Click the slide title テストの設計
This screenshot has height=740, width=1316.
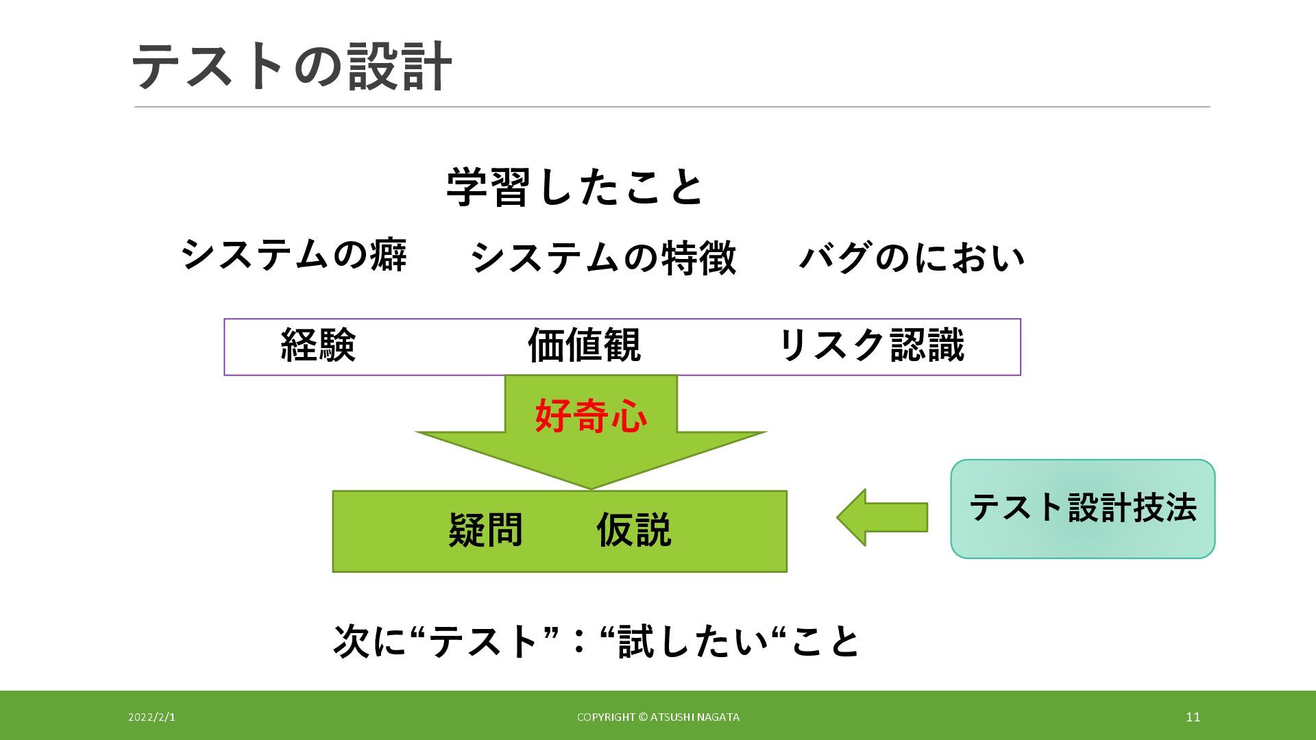(x=291, y=66)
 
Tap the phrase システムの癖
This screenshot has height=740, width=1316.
(x=294, y=255)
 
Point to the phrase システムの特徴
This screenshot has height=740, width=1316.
(x=603, y=258)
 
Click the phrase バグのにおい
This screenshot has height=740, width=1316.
(x=912, y=258)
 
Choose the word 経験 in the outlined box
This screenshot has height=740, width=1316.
(x=318, y=345)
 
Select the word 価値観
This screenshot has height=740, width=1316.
(x=584, y=345)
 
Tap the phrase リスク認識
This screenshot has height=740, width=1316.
(x=872, y=345)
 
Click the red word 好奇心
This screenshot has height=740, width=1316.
(x=591, y=415)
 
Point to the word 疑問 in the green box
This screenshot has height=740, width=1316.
(x=485, y=530)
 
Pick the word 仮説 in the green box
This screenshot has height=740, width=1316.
(x=633, y=530)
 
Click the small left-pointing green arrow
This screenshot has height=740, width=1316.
(x=881, y=517)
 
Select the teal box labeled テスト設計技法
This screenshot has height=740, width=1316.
(x=1082, y=508)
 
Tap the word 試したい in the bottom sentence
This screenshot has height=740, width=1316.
(x=693, y=641)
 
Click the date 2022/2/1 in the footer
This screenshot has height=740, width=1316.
(x=151, y=717)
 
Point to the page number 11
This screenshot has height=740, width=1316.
(x=1193, y=717)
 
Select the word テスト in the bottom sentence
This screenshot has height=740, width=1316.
(x=484, y=641)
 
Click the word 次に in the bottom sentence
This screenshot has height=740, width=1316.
(x=369, y=641)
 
